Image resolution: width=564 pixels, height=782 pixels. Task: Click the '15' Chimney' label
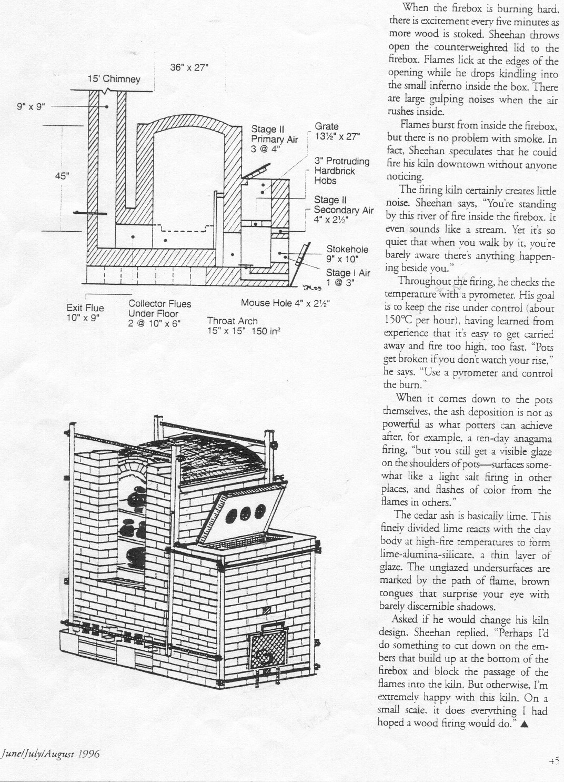[114, 80]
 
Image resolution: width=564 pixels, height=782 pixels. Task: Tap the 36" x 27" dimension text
[190, 67]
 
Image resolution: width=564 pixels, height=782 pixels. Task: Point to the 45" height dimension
[63, 176]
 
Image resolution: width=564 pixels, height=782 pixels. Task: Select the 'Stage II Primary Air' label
[268, 138]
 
